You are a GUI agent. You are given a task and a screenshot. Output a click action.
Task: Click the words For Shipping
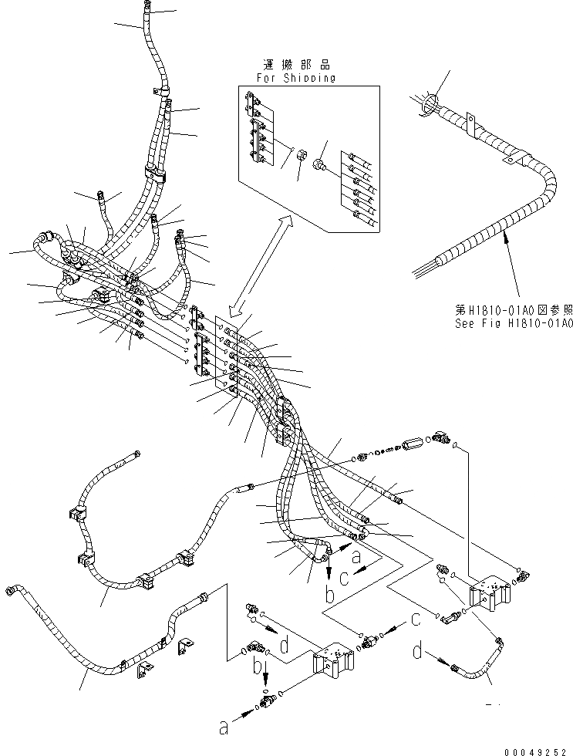coord(296,77)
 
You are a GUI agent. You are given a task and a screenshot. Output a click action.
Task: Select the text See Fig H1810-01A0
coord(513,323)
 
